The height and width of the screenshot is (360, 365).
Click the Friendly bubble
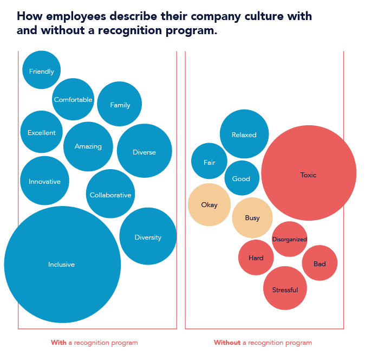click(42, 70)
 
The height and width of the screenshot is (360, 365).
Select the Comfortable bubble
click(73, 99)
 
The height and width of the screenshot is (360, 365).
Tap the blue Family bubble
click(120, 104)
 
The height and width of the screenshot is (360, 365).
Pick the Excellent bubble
click(42, 132)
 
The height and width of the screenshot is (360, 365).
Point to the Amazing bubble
click(88, 146)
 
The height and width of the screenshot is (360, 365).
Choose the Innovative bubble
click(44, 181)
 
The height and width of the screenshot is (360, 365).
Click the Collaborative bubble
click(110, 194)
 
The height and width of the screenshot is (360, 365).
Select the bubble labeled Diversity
click(148, 236)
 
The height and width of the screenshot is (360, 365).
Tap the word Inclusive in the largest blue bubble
click(61, 265)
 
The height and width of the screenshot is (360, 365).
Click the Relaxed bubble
click(244, 134)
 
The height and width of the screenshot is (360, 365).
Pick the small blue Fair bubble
click(209, 162)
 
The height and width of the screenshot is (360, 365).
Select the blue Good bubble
click(242, 178)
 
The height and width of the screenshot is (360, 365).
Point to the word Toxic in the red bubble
click(308, 175)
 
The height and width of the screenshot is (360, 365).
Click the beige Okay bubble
click(209, 205)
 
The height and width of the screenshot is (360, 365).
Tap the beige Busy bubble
click(252, 218)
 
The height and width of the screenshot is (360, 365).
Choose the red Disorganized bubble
click(290, 239)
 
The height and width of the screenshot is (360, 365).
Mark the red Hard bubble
click(256, 258)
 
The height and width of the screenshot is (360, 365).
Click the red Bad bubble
click(320, 263)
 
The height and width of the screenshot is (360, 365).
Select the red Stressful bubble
click(285, 289)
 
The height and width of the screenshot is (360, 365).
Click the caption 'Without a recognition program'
click(263, 343)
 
